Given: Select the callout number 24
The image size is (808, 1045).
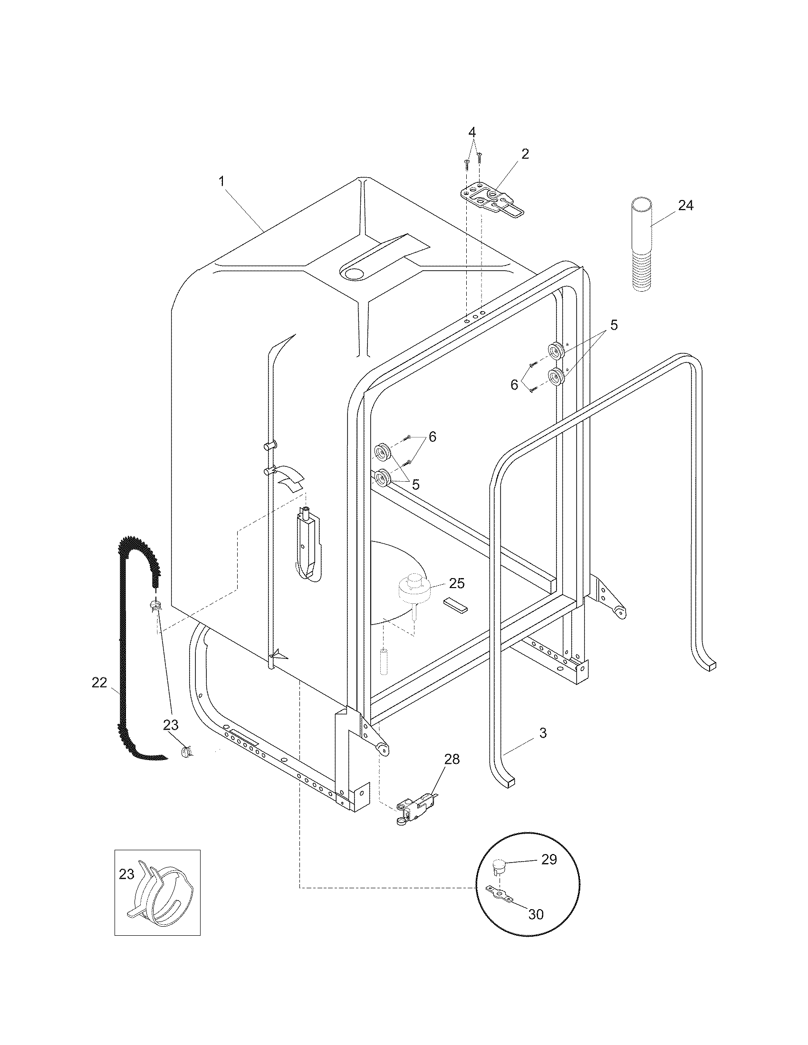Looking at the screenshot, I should tap(685, 205).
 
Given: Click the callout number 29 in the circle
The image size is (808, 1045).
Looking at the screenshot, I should tap(549, 859).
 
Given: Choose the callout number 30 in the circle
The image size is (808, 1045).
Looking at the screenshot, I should tap(536, 914).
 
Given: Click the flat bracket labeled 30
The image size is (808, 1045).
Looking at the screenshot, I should tap(500, 893).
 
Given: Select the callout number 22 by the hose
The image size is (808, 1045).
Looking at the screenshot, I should tap(99, 683).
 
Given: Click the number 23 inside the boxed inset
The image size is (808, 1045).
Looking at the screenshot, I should tap(126, 874).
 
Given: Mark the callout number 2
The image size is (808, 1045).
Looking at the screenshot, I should tap(525, 153).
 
